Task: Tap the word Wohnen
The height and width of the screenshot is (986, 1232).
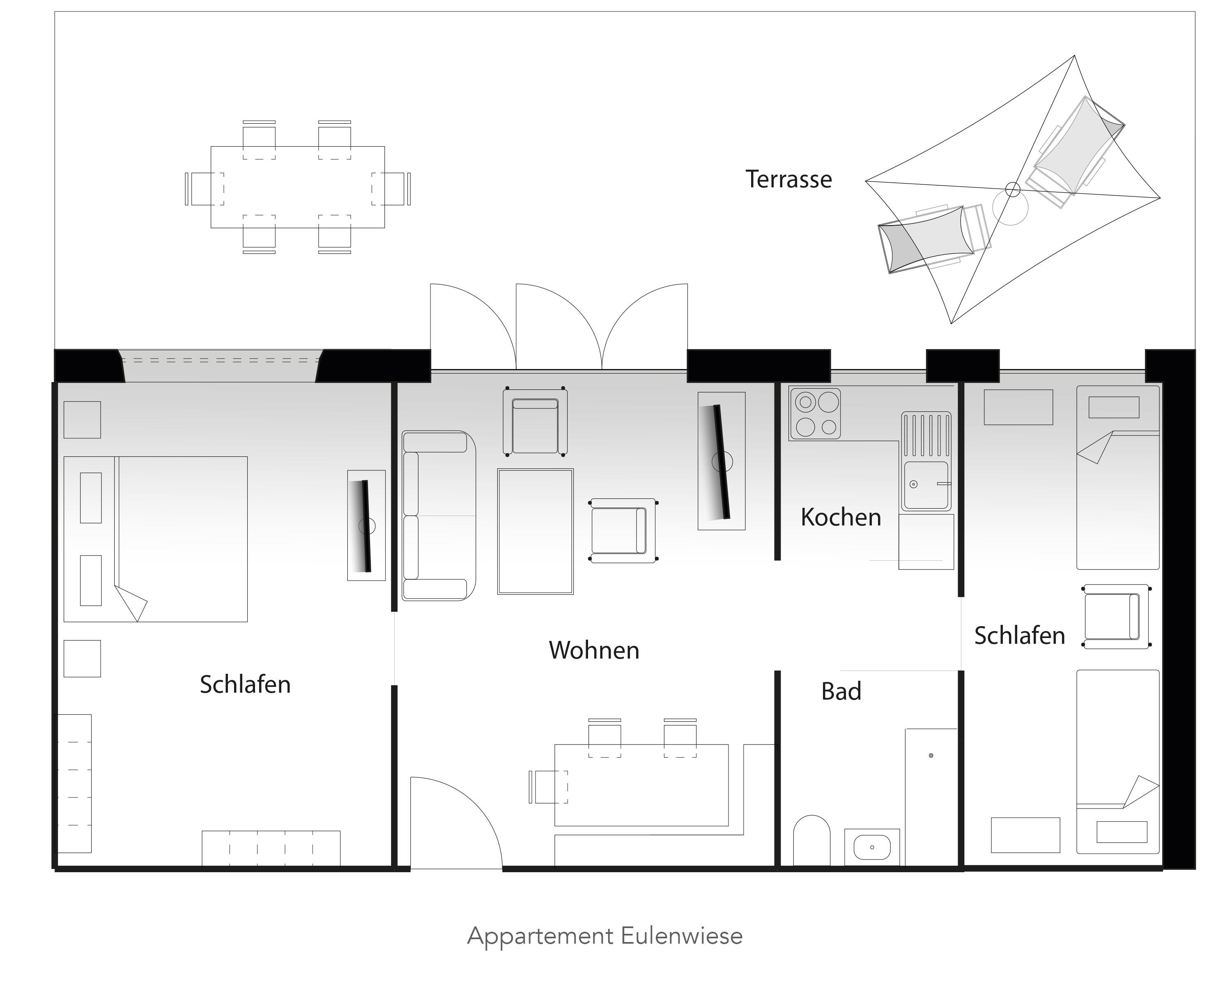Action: coord(594,650)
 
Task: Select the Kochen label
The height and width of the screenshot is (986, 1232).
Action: coord(841,517)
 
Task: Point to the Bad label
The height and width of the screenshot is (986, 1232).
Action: coord(841,691)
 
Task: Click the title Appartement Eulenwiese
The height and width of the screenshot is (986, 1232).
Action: coord(605,936)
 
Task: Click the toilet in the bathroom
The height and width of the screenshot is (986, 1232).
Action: coord(811,840)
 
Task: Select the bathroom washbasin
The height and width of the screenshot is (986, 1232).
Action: coord(872,847)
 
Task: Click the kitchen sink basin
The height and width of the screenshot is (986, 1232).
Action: coord(926,485)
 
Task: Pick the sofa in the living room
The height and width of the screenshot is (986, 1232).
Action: coord(438,516)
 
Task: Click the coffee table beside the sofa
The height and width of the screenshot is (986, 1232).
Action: coord(536,532)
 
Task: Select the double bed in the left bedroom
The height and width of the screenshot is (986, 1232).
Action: coord(155,539)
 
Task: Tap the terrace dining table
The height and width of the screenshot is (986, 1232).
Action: coord(297,187)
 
